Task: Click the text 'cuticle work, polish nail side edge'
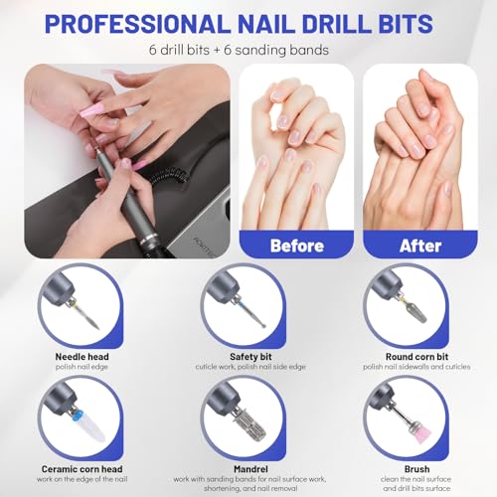[x=248, y=367]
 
